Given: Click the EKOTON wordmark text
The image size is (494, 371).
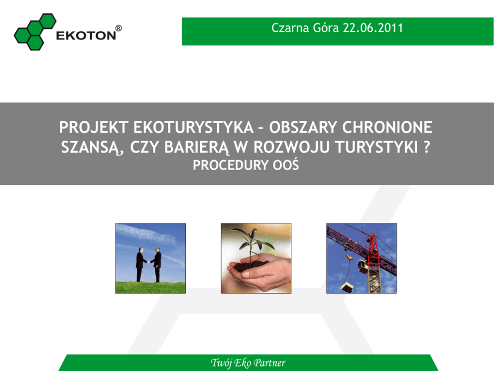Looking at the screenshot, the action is tap(86, 35).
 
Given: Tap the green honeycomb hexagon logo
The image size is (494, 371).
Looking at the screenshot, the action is tap(35, 32).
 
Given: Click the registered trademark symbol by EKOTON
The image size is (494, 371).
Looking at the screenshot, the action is tap(119, 28).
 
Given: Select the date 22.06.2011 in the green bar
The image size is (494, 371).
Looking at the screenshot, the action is tap(372, 28).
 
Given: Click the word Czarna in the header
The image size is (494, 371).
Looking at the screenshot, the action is tap(290, 28).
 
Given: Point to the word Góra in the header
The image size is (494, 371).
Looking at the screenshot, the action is tap(326, 28).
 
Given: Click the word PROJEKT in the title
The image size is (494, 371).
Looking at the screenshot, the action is tap(94, 128).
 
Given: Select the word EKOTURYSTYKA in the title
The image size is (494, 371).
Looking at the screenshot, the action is tap(193, 128).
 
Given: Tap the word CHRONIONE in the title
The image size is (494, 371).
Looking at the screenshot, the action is tap(387, 128).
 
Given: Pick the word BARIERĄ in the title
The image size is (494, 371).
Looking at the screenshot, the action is tap(197, 148).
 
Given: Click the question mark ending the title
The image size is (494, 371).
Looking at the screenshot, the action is tap(427, 147).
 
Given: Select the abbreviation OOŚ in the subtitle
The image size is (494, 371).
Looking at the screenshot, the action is tap(286, 165).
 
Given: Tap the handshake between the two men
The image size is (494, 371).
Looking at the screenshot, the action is tap(148, 262).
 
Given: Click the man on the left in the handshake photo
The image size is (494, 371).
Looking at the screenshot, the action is tap(140, 264).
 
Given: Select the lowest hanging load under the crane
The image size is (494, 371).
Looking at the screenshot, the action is tap(347, 288).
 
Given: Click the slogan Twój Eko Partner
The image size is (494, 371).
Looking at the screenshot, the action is tap(248, 363).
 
